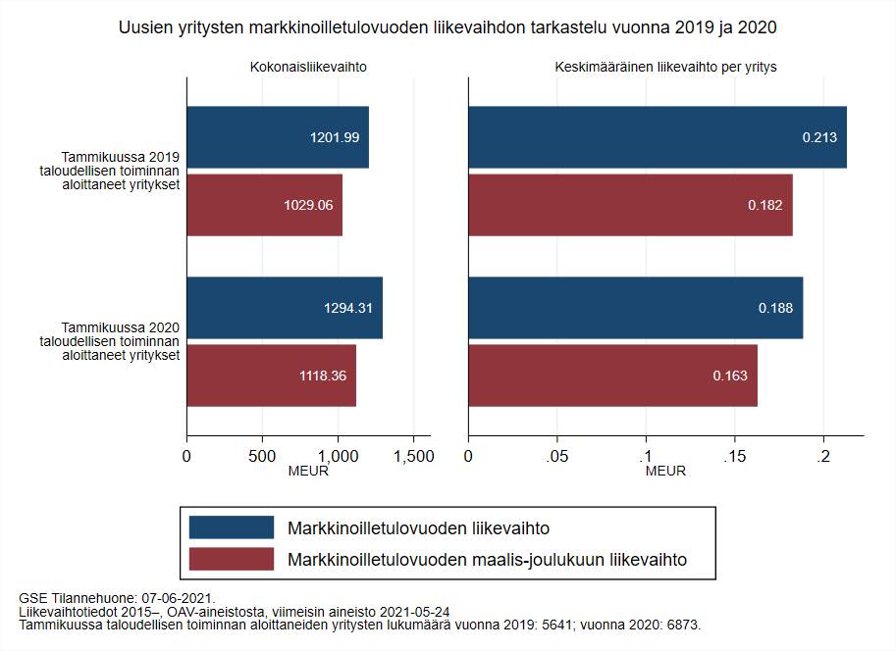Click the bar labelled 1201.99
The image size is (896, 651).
(278, 137)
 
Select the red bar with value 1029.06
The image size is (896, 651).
(265, 205)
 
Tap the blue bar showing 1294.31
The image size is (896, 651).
(285, 308)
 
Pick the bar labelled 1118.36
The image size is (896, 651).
(272, 376)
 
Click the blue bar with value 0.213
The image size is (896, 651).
(658, 137)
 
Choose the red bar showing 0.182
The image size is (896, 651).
(630, 205)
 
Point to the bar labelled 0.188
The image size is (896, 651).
(636, 308)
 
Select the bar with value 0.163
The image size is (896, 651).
(612, 376)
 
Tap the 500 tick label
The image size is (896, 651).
(262, 456)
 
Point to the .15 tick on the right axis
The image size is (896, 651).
(734, 456)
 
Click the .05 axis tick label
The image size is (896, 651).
(556, 456)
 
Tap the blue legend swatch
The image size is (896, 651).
(231, 527)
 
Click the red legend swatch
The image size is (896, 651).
(231, 560)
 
